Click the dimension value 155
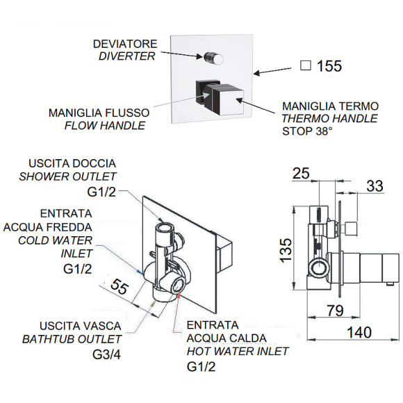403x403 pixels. pyautogui.click(x=329, y=66)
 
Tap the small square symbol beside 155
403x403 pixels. pyautogui.click(x=306, y=65)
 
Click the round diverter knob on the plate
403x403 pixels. pyautogui.click(x=213, y=58)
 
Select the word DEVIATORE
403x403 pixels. pyautogui.click(x=125, y=44)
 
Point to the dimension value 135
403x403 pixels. pyautogui.click(x=286, y=251)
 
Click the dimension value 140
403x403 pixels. pyautogui.click(x=359, y=332)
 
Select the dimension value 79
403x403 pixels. pyautogui.click(x=336, y=310)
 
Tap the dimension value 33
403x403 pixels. pyautogui.click(x=375, y=186)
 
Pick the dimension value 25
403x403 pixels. pyautogui.click(x=301, y=173)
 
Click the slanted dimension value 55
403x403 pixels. pyautogui.click(x=119, y=286)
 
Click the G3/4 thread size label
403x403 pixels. pyautogui.click(x=107, y=354)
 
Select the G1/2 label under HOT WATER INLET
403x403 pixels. pyautogui.click(x=201, y=366)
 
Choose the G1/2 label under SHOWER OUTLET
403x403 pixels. pyautogui.click(x=101, y=192)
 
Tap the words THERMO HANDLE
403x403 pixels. pyautogui.click(x=330, y=119)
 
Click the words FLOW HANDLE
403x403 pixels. pyautogui.click(x=105, y=126)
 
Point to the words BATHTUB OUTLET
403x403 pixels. pyautogui.click(x=72, y=339)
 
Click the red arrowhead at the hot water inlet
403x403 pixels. pyautogui.click(x=178, y=295)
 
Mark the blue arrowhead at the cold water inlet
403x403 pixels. pyautogui.click(x=140, y=272)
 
